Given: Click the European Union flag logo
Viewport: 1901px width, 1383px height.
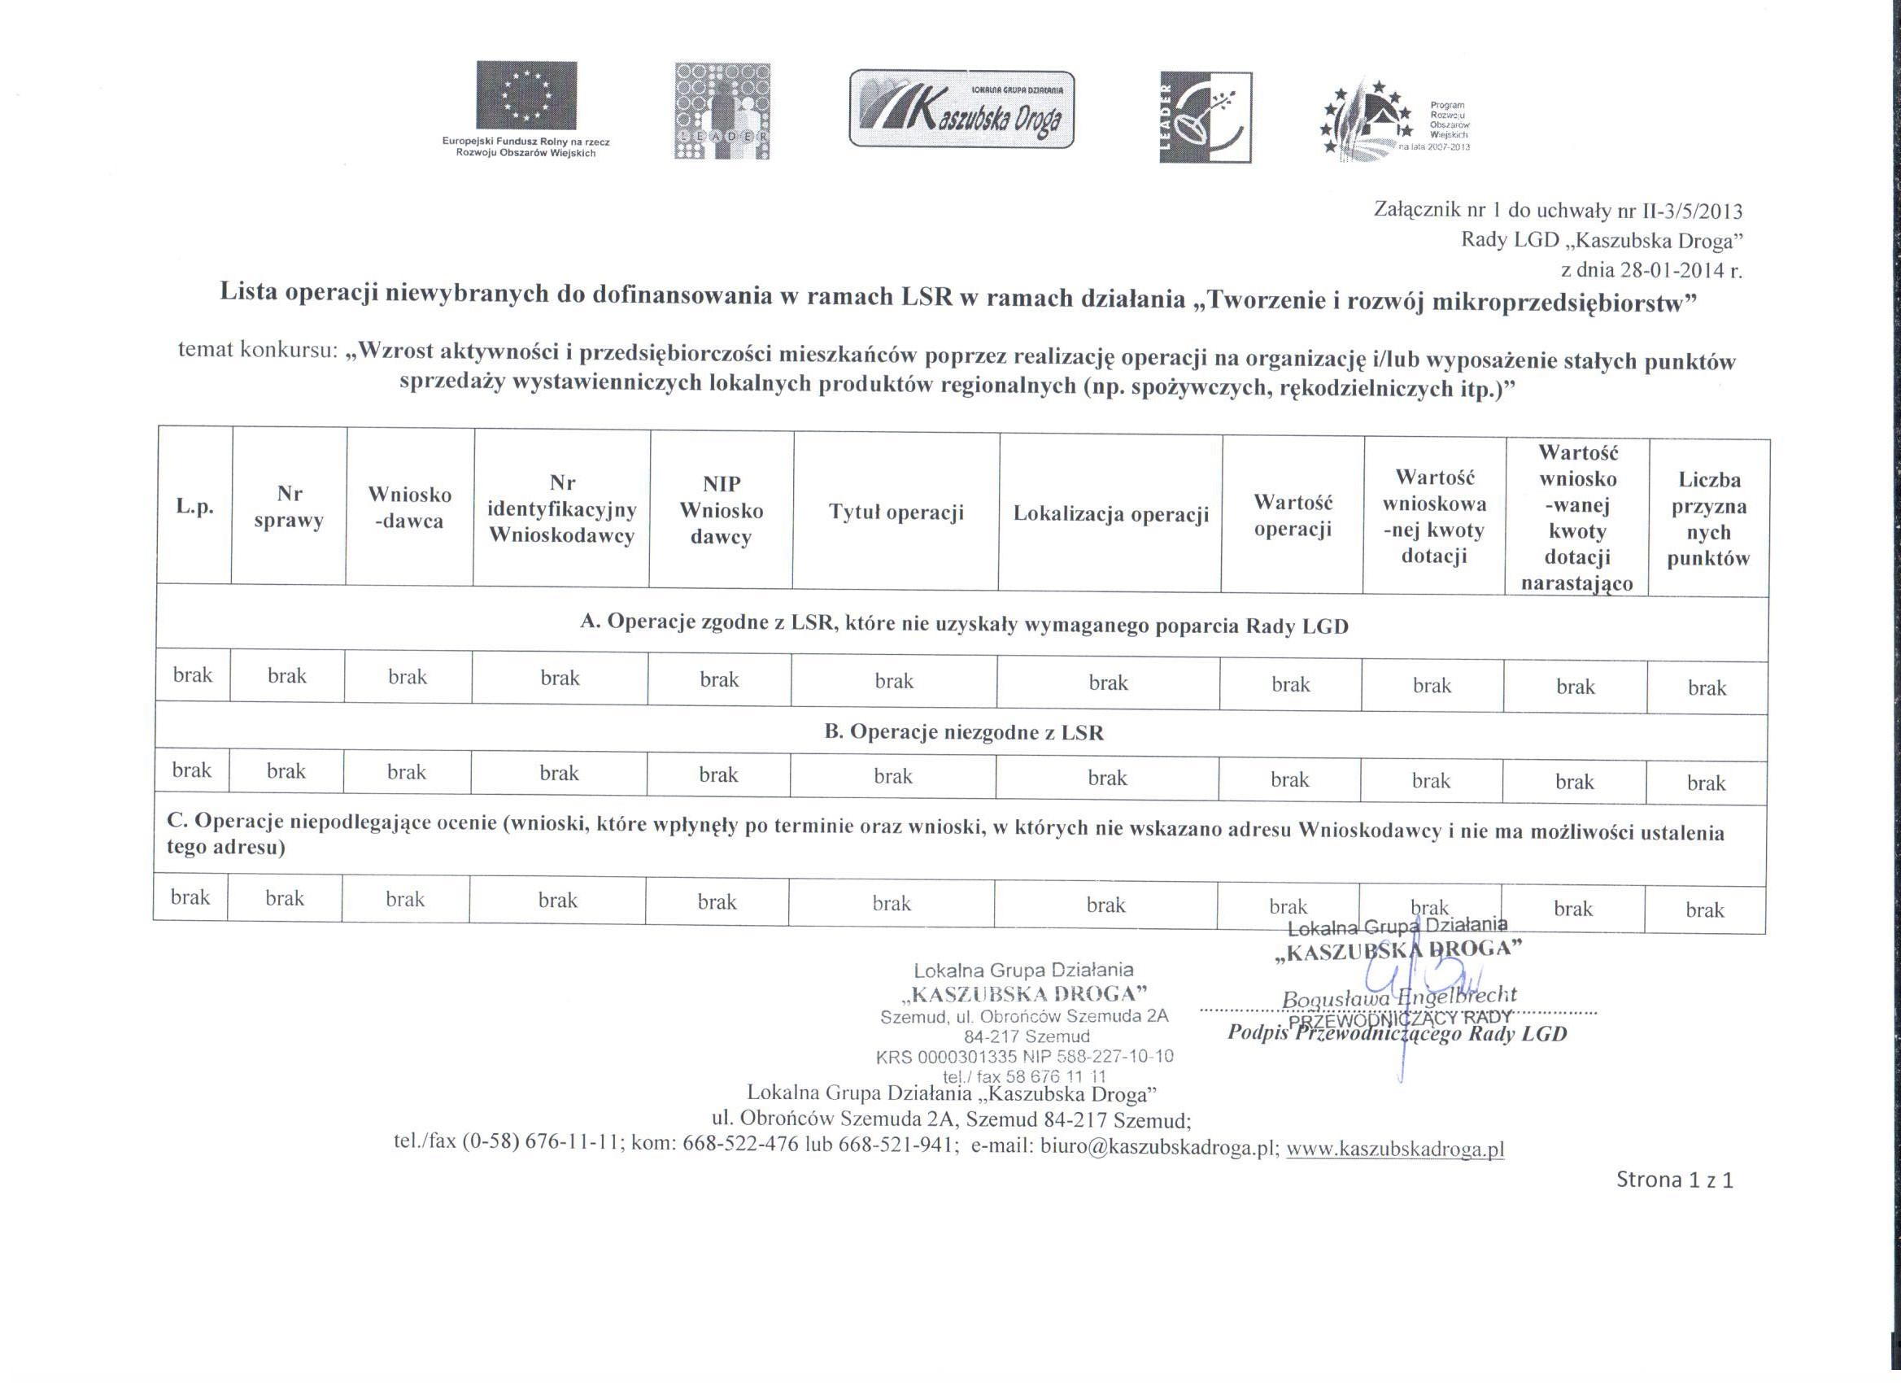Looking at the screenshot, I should (526, 94).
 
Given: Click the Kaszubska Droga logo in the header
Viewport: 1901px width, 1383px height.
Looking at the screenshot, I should (961, 110).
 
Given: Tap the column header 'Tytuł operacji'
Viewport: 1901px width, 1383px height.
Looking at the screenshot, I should (896, 513).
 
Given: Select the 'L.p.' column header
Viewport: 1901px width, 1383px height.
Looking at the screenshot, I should (194, 507).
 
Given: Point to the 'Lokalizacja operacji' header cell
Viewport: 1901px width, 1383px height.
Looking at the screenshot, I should (1110, 514).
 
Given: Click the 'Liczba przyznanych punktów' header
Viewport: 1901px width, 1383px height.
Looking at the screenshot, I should (1709, 519).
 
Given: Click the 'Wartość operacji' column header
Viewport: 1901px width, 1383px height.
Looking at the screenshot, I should (1293, 516).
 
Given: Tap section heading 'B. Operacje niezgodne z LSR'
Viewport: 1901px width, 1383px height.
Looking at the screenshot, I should (964, 731).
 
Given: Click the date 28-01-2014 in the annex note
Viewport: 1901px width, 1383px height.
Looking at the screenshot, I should (1659, 270).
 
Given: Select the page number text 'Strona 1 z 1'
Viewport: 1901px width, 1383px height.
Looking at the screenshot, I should (1675, 1180).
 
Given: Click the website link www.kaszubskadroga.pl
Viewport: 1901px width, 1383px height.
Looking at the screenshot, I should (1395, 1149).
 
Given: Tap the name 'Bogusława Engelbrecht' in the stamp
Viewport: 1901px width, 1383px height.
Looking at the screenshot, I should (1399, 998).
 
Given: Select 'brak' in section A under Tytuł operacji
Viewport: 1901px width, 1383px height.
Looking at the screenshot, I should (893, 681).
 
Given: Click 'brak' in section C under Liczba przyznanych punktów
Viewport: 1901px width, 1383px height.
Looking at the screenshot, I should (1705, 910).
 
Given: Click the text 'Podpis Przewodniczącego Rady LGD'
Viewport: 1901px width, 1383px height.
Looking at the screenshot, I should (1397, 1033).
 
